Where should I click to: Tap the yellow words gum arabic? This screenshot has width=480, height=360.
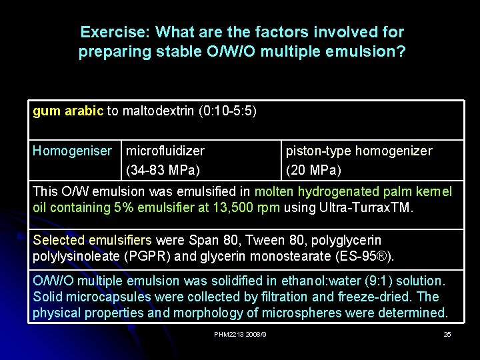coord(68,111)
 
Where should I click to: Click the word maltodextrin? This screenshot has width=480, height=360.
coord(157,111)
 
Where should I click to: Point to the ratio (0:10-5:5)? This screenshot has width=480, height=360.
coord(227,111)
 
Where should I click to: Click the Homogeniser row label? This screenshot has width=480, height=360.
coord(73,151)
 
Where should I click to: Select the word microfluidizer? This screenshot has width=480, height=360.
coord(165,151)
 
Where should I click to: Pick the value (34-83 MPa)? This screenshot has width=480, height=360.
coord(163,170)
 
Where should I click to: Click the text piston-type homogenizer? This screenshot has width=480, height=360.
coord(359,151)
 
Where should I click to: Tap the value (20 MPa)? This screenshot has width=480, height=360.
coord(313,170)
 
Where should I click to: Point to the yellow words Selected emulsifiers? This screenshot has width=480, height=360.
coord(92,240)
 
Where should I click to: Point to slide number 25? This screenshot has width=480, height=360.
coord(447,334)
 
